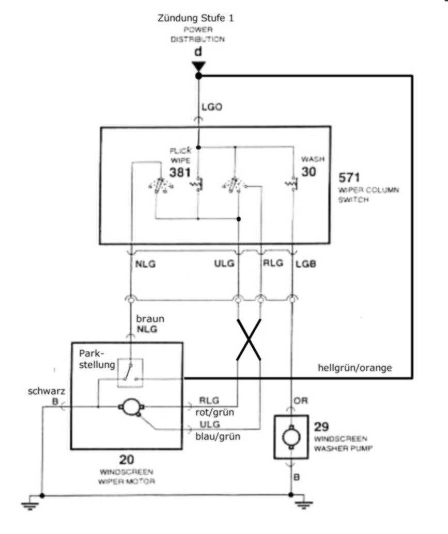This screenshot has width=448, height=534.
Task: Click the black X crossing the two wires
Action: [x=249, y=339]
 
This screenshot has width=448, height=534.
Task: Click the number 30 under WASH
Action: [x=308, y=172]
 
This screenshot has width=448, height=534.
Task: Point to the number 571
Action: [x=350, y=178]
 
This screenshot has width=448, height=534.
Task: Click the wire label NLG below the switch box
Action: [x=146, y=264]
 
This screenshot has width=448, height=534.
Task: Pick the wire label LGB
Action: [x=305, y=264]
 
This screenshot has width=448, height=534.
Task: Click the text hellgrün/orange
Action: [x=354, y=368]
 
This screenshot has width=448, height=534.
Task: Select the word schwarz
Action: [x=47, y=391]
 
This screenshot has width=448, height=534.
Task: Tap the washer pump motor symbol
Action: [x=291, y=436]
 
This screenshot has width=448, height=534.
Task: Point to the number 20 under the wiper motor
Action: [x=127, y=459]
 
